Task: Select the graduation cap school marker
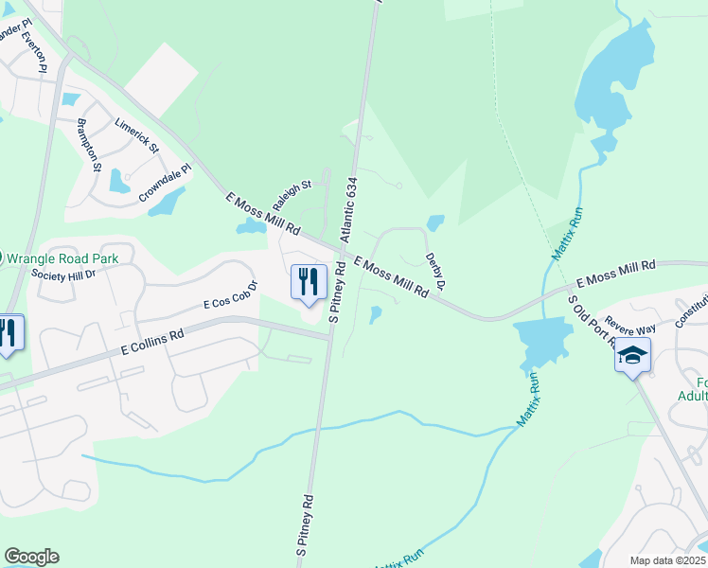(632, 357)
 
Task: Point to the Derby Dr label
(434, 270)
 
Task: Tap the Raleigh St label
(292, 197)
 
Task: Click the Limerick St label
(136, 138)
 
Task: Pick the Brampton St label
(90, 146)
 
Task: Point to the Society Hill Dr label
(63, 275)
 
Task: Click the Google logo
(31, 557)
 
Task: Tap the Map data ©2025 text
(667, 560)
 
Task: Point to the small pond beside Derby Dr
(435, 223)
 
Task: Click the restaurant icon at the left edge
(8, 333)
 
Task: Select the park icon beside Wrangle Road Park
(1, 257)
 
